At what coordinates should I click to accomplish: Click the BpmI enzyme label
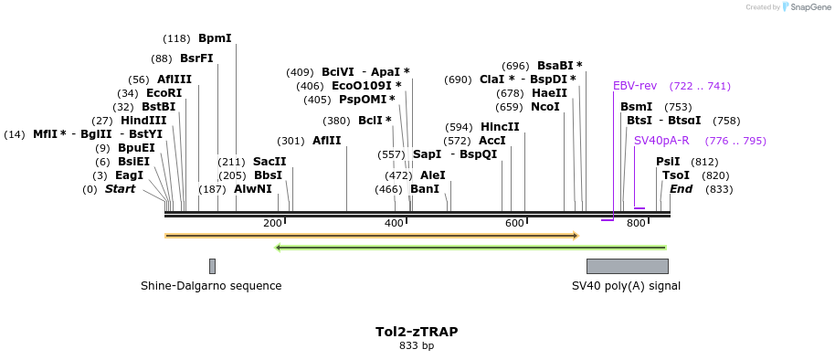(215, 38)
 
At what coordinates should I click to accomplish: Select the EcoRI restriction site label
(164, 93)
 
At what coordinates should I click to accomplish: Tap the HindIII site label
(143, 121)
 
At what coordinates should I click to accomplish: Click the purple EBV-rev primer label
(635, 86)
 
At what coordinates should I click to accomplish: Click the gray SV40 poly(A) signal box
(627, 266)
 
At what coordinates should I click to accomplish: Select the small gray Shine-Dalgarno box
(212, 266)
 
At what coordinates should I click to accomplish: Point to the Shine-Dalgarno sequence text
(211, 286)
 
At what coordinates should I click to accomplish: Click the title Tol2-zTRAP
(417, 332)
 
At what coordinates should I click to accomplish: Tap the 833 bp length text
(417, 346)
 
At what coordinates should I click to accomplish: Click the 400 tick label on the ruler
(394, 224)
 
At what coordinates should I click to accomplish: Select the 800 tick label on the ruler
(636, 224)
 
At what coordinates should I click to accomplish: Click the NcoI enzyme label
(544, 107)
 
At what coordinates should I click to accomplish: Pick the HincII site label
(500, 127)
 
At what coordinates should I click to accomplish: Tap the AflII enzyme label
(326, 141)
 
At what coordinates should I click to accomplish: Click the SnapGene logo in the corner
(804, 7)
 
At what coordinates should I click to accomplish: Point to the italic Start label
(120, 189)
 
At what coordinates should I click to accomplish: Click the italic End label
(681, 189)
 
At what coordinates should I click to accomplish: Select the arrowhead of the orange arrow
(576, 236)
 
